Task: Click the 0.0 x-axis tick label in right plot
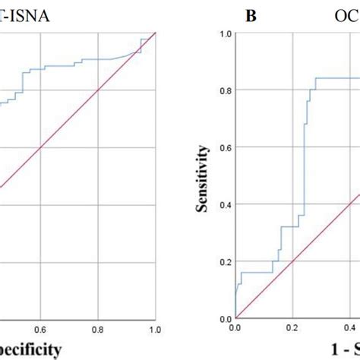(235, 330)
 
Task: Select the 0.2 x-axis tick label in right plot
(292, 330)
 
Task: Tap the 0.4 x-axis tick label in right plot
(349, 330)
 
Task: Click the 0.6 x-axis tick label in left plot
(41, 330)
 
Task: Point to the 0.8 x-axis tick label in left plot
(98, 330)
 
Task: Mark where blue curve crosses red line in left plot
(138, 52)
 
